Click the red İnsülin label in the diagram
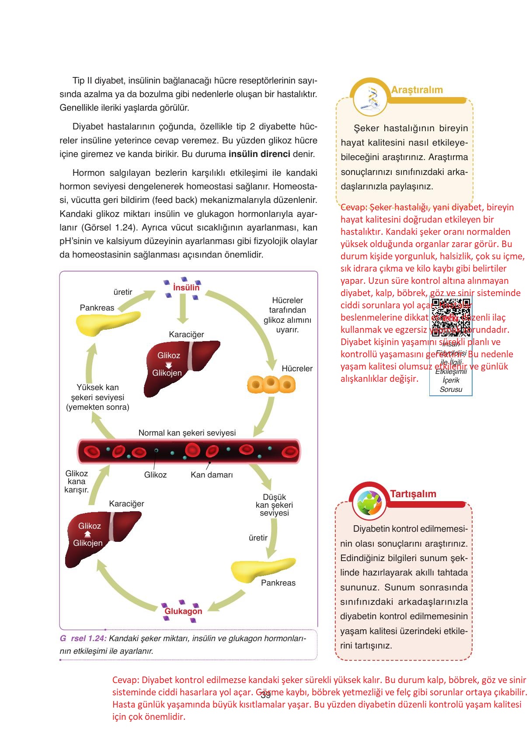(186, 287)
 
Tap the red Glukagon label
(183, 611)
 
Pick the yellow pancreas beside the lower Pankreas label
(262, 569)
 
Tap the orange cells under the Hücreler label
(271, 384)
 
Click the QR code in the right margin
(451, 317)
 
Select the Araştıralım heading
(417, 90)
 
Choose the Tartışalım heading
(413, 494)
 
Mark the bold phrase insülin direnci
(259, 154)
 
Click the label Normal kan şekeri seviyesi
(187, 433)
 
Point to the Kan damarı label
(212, 474)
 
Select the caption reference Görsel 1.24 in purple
(83, 638)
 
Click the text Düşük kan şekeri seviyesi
(275, 505)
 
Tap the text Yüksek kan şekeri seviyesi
(97, 397)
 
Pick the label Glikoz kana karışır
(77, 481)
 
